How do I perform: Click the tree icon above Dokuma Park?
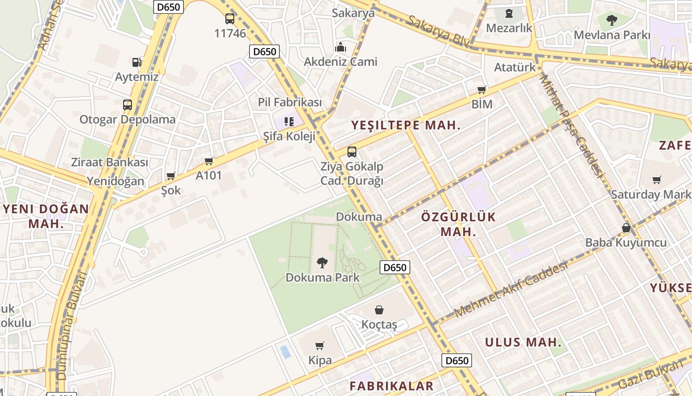[322, 262]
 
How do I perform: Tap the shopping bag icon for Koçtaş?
[379, 310]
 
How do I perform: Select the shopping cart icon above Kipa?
[320, 346]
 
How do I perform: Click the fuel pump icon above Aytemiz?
[136, 62]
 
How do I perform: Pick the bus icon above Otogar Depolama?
[128, 104]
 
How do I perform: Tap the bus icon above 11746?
[230, 19]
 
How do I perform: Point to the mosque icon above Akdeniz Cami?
[341, 47]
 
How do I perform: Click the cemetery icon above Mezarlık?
[509, 13]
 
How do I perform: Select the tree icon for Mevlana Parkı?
[612, 20]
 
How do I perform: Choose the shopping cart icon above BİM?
[482, 90]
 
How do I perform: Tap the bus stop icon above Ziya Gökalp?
[352, 151]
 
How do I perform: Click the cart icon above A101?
[209, 161]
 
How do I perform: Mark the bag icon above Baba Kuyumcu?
[626, 228]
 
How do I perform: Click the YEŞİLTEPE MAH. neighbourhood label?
[406, 126]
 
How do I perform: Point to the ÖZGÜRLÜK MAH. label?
[458, 224]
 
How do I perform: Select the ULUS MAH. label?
[523, 342]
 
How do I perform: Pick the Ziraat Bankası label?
[110, 162]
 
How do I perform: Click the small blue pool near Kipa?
[285, 352]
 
